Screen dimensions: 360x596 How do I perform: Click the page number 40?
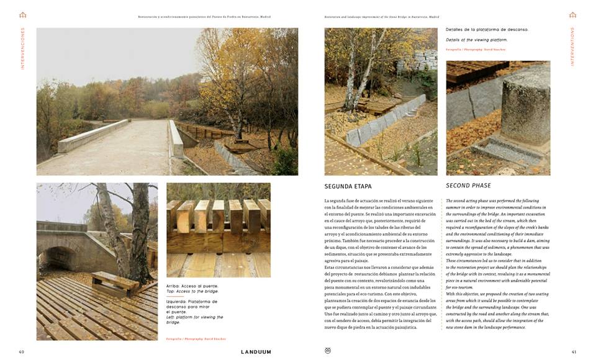[x=21, y=352]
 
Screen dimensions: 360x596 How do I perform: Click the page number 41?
[x=574, y=352]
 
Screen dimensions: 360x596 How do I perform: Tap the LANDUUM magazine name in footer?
[x=256, y=352]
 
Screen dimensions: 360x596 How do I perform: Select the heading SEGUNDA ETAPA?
[x=348, y=186]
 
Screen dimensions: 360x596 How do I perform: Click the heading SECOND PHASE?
[x=468, y=186]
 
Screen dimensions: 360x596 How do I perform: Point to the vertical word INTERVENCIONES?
[x=23, y=48]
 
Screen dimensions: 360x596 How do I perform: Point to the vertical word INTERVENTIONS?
[x=572, y=47]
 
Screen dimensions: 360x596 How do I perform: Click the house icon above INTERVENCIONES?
[x=23, y=15]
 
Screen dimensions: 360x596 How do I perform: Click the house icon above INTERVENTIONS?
[x=572, y=15]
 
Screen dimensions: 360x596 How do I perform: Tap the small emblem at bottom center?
[x=328, y=351]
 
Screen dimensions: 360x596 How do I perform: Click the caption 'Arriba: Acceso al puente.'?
[x=192, y=286]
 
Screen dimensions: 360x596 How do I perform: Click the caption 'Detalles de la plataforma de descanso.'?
[x=487, y=29]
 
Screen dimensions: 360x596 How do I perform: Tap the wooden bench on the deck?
[x=114, y=283]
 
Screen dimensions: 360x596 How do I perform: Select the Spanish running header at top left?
[x=204, y=17]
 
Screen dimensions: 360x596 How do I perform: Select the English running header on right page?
[x=377, y=17]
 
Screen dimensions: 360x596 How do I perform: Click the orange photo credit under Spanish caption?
[x=196, y=339]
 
